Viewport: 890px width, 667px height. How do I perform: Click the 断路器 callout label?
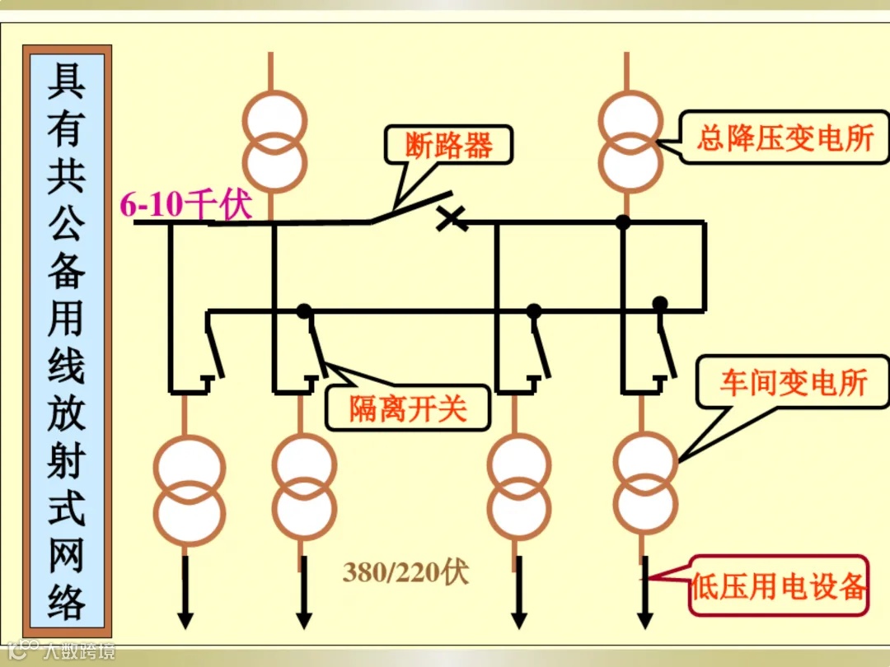448,146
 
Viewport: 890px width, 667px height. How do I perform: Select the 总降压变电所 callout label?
785,138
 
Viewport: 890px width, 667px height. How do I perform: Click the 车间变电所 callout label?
793,382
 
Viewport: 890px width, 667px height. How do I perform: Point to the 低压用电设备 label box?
779,587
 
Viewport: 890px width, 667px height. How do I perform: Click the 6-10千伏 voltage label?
186,204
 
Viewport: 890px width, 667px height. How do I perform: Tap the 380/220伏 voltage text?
405,572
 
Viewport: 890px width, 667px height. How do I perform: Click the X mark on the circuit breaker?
450,217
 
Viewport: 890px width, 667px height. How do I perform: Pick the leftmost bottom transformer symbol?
190,486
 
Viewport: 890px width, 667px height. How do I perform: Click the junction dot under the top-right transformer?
623,222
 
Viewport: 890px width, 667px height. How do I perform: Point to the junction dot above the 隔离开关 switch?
304,311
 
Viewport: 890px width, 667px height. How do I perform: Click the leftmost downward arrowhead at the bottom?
185,618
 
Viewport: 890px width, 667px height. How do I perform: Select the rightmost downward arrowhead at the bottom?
645,618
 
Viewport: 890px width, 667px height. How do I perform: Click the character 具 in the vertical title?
67,82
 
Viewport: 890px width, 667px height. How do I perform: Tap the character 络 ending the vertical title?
67,600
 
